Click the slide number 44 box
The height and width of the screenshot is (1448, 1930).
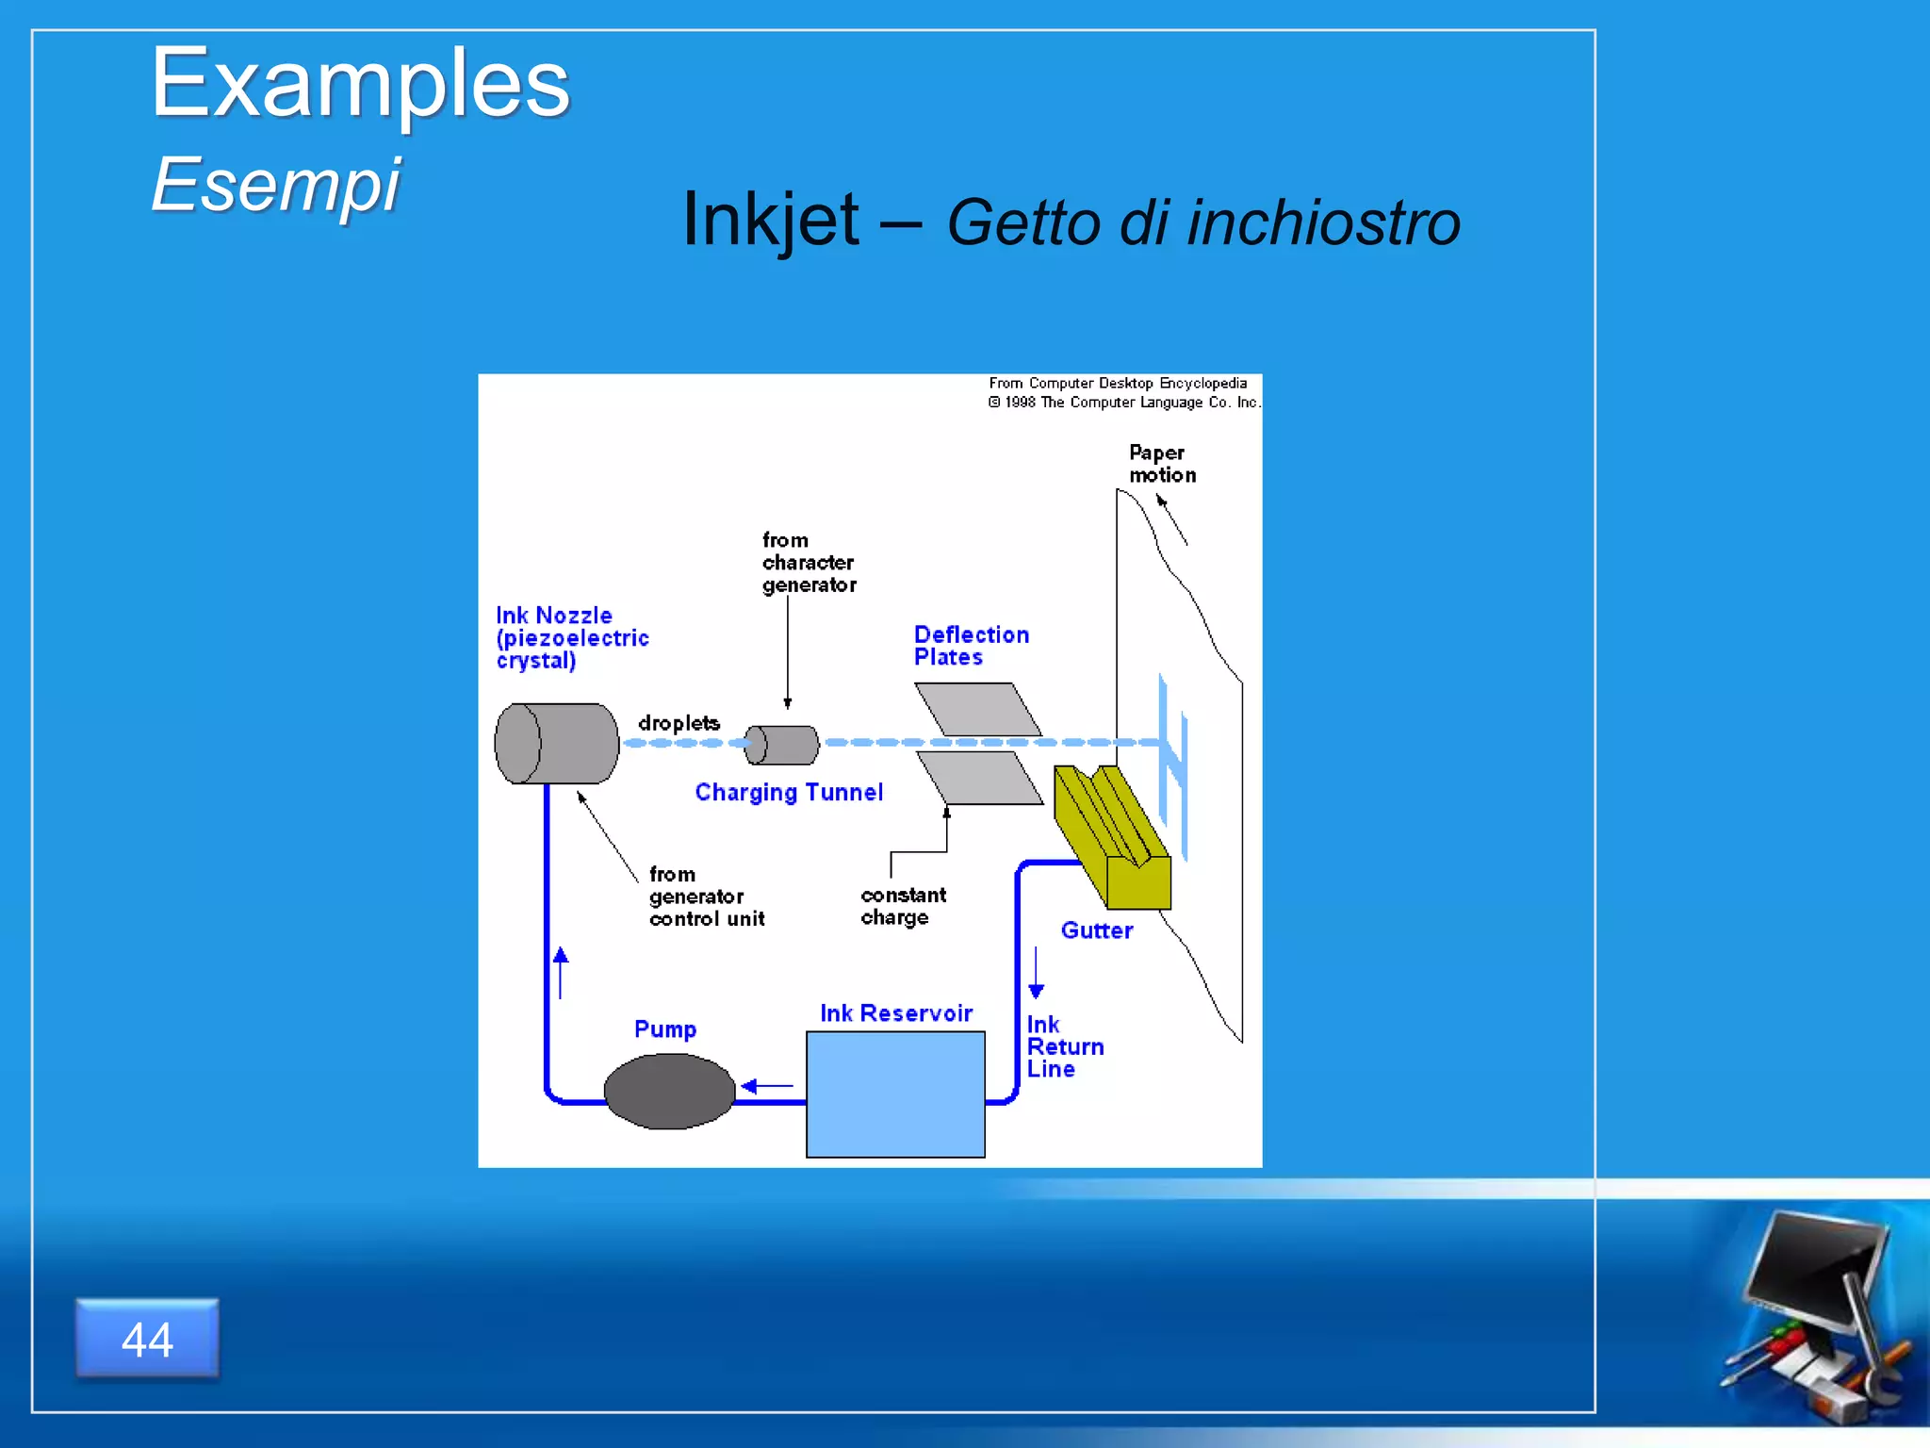click(x=147, y=1339)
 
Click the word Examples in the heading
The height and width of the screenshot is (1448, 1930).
click(x=360, y=85)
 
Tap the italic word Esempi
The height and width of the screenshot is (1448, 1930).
click(x=275, y=185)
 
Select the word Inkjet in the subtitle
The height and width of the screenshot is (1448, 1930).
click(x=770, y=221)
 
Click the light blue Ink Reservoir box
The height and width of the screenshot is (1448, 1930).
click(x=895, y=1094)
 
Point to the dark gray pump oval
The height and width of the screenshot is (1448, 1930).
click(x=669, y=1092)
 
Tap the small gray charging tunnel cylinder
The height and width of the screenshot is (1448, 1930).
click(x=782, y=745)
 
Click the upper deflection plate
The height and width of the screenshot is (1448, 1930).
click(x=978, y=709)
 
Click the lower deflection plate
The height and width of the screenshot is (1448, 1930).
click(x=980, y=778)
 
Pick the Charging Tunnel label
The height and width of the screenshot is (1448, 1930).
click(x=789, y=793)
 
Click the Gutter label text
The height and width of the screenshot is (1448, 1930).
click(x=1096, y=930)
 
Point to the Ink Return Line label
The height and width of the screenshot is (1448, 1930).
click(x=1063, y=1047)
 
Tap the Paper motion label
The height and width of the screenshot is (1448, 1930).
click(x=1161, y=464)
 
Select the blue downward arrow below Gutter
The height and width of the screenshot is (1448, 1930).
click(x=1036, y=974)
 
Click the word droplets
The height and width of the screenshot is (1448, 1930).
click(x=679, y=723)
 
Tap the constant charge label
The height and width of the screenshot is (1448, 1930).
click(x=902, y=906)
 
